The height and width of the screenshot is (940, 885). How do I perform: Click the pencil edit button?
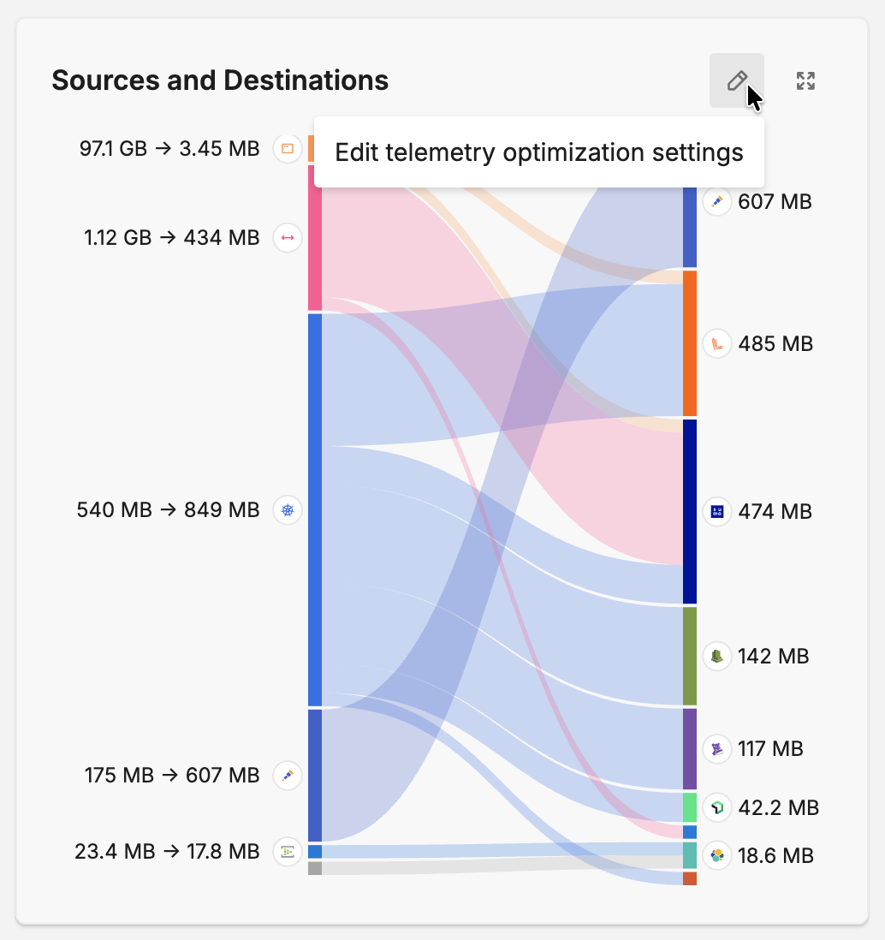736,80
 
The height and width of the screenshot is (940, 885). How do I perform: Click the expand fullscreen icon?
805,80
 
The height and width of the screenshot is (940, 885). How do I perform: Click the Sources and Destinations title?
220,80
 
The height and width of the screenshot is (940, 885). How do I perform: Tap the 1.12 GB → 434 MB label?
171,237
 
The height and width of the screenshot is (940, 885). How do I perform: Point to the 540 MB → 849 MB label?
168,510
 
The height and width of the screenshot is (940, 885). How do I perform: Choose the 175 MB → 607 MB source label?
171,776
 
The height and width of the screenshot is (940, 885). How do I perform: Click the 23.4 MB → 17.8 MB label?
167,851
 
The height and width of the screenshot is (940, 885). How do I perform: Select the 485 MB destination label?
775,344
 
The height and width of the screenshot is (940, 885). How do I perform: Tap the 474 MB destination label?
774,512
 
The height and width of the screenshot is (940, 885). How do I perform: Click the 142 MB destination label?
773,657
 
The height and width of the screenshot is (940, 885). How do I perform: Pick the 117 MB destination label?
770,749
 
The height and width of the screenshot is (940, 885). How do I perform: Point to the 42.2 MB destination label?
777,807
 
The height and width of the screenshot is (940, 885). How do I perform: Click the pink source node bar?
315,237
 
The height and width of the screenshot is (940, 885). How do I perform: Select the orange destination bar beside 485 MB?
690,343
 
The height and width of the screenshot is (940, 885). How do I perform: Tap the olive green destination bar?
690,656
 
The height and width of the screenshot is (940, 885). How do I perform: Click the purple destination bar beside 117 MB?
690,748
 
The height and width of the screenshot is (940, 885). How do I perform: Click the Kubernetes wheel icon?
288,511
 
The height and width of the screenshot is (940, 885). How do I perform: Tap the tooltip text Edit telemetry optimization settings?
538,152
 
